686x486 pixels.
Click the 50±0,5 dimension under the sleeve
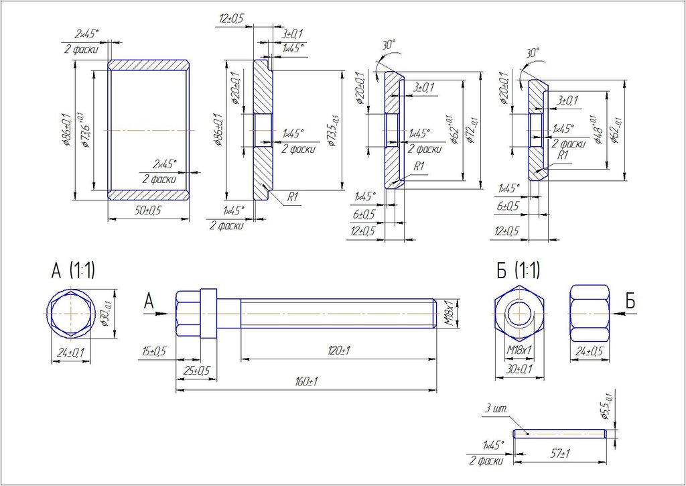(x=148, y=210)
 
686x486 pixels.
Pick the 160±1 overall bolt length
(x=305, y=381)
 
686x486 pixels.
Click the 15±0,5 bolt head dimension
(x=154, y=351)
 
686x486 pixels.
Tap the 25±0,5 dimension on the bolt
(x=196, y=370)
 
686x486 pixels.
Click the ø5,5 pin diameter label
(x=606, y=407)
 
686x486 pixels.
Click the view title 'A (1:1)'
(x=73, y=270)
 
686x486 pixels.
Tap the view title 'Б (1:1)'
(x=518, y=271)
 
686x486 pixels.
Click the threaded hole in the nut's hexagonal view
(x=519, y=313)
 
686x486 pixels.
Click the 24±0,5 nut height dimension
(x=590, y=351)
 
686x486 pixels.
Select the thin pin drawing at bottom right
(x=559, y=434)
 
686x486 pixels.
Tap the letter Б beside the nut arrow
(x=630, y=302)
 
